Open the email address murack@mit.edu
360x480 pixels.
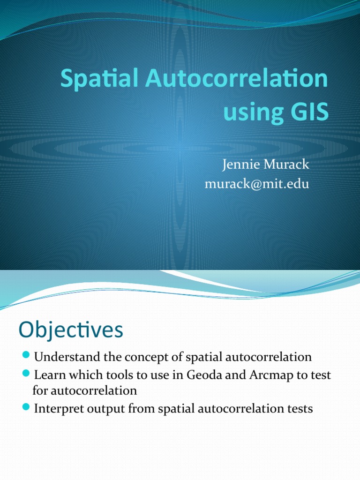[x=257, y=184]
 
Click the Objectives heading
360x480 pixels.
[x=71, y=330]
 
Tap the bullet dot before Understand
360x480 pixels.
[x=26, y=357]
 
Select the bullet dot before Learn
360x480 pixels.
[x=26, y=375]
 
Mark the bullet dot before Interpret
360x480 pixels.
[x=26, y=408]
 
